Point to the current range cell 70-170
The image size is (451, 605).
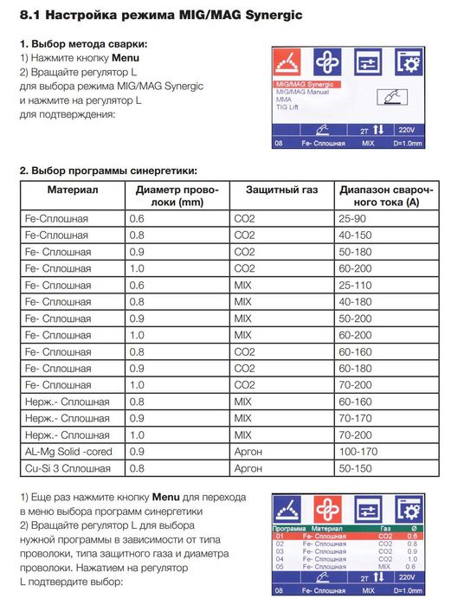click(x=354, y=419)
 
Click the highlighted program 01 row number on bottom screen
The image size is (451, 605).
click(x=280, y=536)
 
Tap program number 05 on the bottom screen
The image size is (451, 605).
click(x=280, y=566)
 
